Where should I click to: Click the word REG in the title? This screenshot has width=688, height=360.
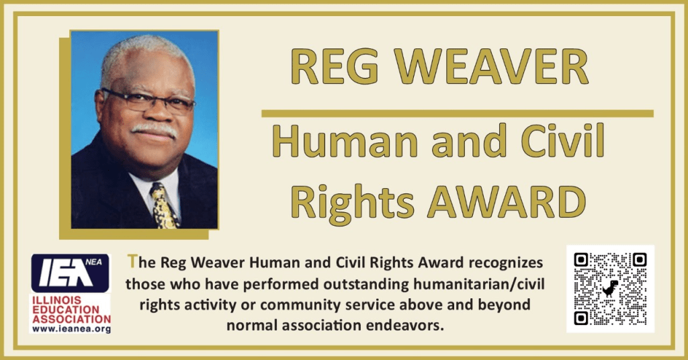[x=335, y=66]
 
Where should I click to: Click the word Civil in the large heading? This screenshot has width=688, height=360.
[x=562, y=140]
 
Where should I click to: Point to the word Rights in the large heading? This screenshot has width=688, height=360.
[x=352, y=203]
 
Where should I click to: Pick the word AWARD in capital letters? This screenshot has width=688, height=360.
[x=507, y=202]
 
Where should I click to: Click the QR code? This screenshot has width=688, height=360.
[x=610, y=289]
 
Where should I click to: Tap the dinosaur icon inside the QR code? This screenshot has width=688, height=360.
[x=610, y=289]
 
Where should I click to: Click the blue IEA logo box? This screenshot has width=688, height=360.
[x=70, y=273]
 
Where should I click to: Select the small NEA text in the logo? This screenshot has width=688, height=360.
[x=93, y=262]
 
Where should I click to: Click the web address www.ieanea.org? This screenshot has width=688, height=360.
[x=71, y=329]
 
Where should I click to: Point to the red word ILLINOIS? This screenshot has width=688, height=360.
[x=56, y=300]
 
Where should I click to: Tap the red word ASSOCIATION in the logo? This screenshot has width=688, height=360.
[x=71, y=319]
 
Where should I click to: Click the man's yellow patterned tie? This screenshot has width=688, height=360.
[x=164, y=206]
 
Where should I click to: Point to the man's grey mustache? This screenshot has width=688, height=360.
[x=155, y=130]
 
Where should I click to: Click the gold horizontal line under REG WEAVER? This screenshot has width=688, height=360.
[x=457, y=114]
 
